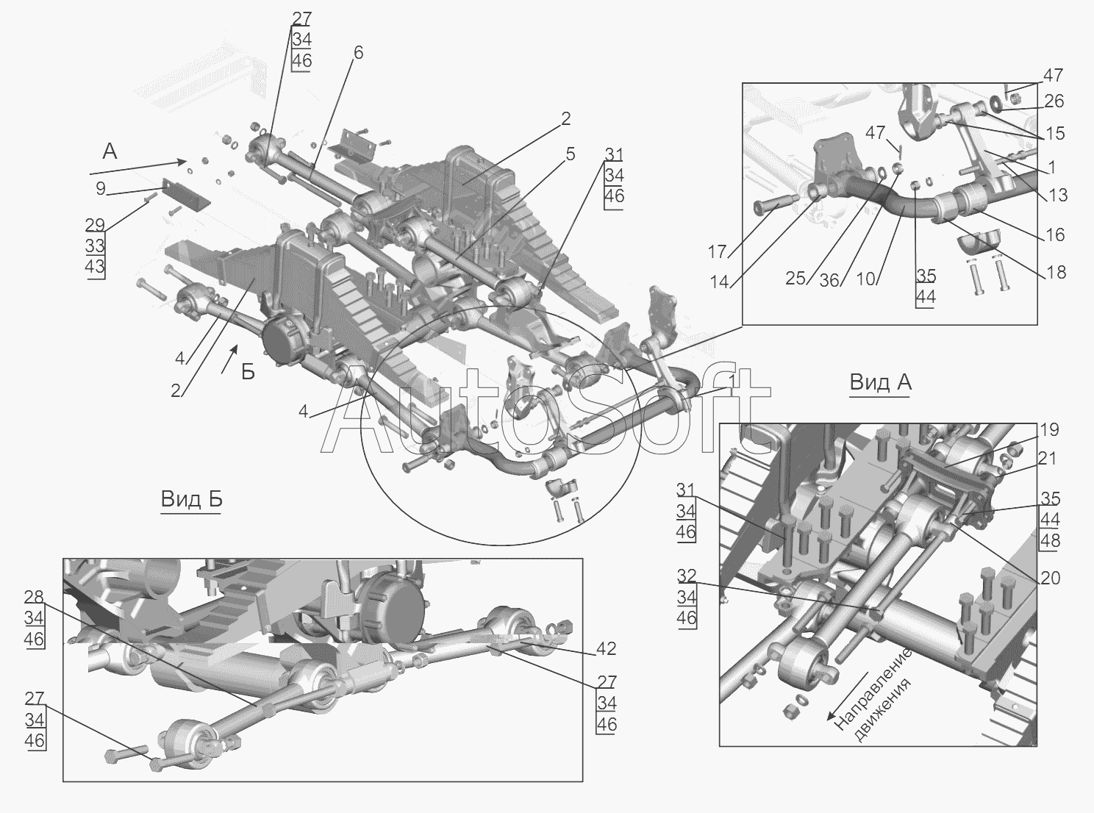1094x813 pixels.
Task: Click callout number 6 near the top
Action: [359, 52]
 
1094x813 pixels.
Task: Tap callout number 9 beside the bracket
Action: [101, 188]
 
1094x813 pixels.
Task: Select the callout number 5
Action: [571, 154]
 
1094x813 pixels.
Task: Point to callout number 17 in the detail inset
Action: [718, 252]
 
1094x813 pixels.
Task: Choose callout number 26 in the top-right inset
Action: [1054, 101]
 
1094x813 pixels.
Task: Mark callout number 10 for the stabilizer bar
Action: [865, 279]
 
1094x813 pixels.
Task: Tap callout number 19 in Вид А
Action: [1049, 430]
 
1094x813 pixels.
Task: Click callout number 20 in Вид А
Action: [1050, 578]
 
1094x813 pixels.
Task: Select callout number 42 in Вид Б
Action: [607, 649]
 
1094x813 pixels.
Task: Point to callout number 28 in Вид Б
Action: [34, 597]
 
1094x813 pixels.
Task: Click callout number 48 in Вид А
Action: [1050, 541]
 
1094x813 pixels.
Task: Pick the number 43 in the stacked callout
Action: [95, 266]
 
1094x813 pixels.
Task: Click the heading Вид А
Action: [881, 382]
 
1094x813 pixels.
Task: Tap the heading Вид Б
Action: [191, 500]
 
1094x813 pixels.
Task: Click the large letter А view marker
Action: [110, 151]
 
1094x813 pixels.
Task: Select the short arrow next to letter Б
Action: [229, 359]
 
